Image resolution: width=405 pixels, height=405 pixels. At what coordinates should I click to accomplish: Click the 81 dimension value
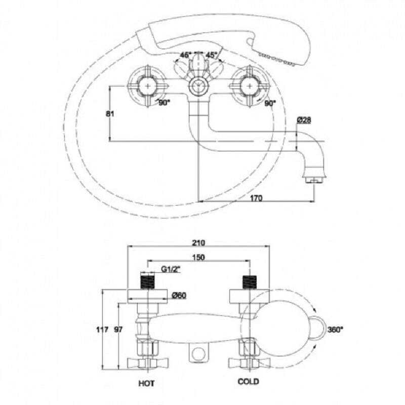tap(110, 113)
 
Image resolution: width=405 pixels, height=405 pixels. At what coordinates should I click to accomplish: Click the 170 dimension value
tap(256, 198)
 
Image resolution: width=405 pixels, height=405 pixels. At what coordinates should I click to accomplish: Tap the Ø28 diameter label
tap(304, 120)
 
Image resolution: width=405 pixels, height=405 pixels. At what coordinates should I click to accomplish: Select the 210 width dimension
tap(199, 243)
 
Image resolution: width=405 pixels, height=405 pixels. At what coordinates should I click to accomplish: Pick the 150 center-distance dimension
tap(198, 257)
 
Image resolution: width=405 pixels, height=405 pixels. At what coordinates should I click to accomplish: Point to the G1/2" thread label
tap(171, 269)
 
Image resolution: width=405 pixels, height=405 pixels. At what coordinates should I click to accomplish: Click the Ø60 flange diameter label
tap(179, 295)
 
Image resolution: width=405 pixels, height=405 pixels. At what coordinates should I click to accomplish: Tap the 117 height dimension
tap(102, 330)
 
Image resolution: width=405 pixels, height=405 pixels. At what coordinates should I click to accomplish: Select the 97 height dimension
tap(118, 330)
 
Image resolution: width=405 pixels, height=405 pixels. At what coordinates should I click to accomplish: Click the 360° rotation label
tap(335, 330)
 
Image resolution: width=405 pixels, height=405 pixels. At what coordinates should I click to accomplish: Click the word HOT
tap(146, 383)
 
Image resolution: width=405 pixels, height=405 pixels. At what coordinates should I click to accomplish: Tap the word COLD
tap(248, 381)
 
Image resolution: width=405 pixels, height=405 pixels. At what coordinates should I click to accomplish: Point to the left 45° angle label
tap(185, 55)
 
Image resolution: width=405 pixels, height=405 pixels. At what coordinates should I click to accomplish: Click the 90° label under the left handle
tap(164, 103)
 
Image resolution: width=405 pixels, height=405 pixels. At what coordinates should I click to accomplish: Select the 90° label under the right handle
tap(270, 103)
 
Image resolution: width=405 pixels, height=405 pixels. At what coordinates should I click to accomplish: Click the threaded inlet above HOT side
tap(147, 281)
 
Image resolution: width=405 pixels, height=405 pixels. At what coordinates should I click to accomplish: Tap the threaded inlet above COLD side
tap(250, 281)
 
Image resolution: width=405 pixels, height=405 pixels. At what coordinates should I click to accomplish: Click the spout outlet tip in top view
tap(314, 180)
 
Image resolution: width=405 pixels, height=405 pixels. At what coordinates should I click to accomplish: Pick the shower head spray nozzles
tap(277, 59)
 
